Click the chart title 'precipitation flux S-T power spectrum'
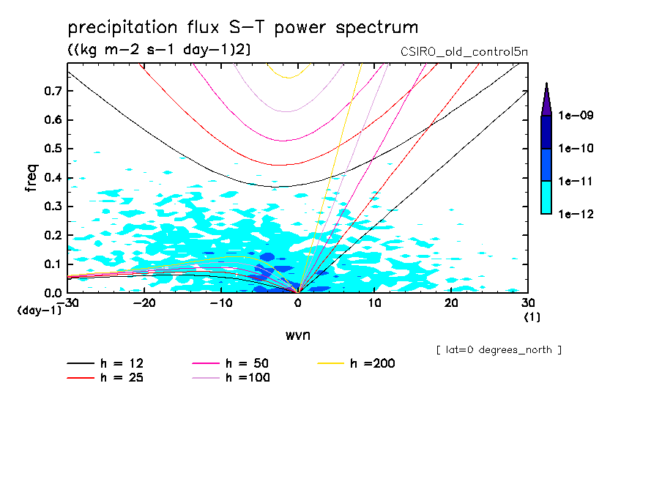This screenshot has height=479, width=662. coord(242,29)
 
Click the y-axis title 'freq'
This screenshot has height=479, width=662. coord(31,178)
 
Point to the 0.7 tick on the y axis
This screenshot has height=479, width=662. coord(53,91)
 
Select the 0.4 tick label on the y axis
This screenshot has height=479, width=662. coord(53,177)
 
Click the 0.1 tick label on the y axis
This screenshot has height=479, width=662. coord(53,264)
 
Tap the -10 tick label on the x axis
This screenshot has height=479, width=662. coord(221,303)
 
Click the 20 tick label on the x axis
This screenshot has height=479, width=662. coord(451,303)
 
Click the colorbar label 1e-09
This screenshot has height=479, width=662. coord(576,116)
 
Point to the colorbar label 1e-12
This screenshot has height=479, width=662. coord(576,214)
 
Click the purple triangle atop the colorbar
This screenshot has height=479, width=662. coord(546,100)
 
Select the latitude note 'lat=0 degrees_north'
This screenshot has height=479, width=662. coord(499,349)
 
